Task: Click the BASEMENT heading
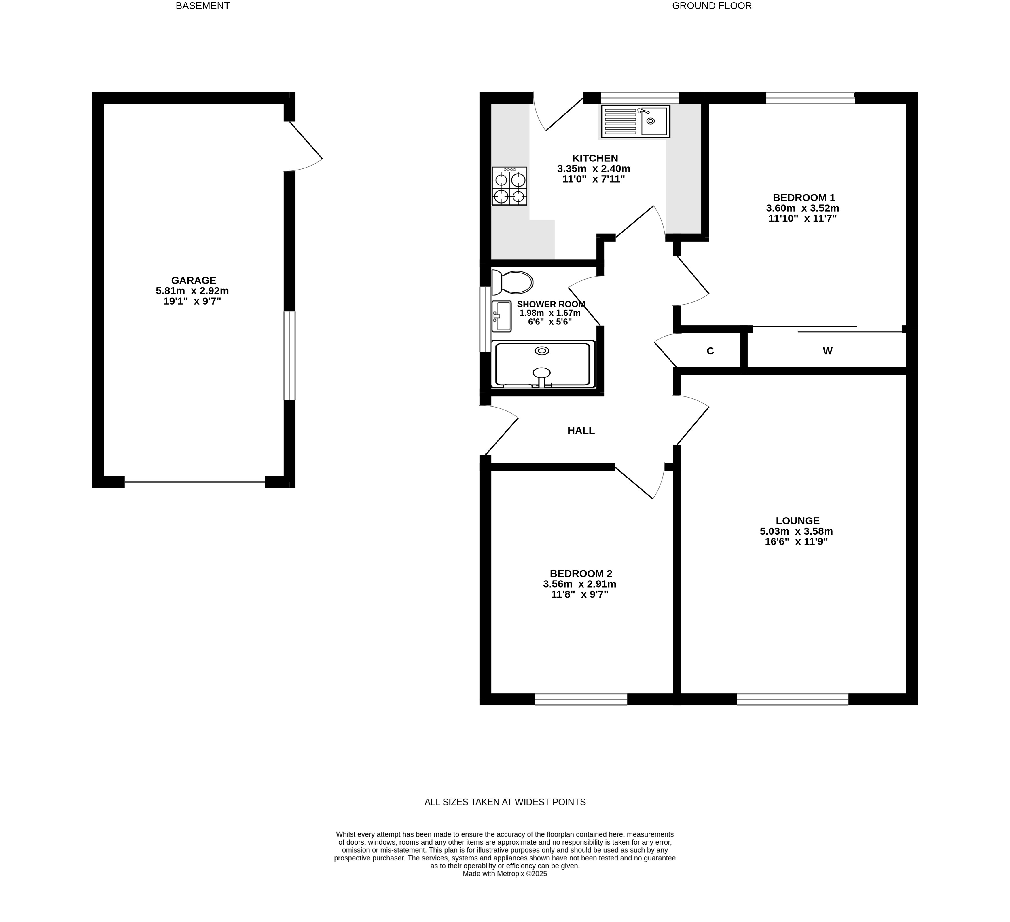pos(202,6)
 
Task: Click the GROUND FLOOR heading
pos(712,6)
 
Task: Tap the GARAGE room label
pos(193,280)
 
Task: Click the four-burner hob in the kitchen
pos(509,186)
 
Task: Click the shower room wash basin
pos(501,316)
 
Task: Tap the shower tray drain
pos(541,351)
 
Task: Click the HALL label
pos(581,431)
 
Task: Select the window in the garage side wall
pos(289,356)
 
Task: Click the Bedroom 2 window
pos(581,699)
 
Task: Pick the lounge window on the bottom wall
pos(793,699)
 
